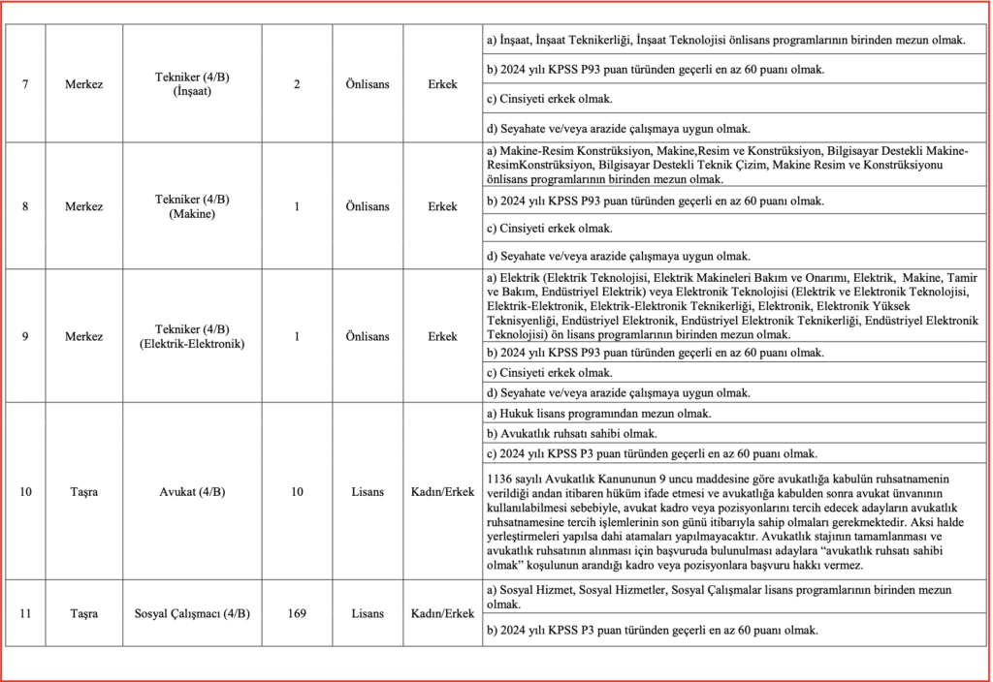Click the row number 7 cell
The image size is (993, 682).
[25, 84]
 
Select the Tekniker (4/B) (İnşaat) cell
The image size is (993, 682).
[192, 84]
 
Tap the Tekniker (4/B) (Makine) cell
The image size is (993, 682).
[192, 206]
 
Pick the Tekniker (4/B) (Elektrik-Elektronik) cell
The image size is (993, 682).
[192, 336]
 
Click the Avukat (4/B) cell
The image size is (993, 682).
[192, 492]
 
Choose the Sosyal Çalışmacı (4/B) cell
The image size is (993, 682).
[192, 613]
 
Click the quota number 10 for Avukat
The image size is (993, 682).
[297, 492]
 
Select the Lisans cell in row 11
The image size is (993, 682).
[368, 613]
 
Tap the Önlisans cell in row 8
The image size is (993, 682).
[368, 206]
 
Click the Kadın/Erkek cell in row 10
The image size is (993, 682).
[442, 492]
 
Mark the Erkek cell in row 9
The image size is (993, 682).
[442, 336]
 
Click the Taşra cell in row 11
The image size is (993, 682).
[84, 613]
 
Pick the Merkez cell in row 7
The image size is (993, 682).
[84, 84]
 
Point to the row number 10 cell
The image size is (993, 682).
[25, 492]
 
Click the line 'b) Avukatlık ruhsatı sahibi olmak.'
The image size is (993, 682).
[572, 433]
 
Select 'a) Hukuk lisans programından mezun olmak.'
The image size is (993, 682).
[598, 414]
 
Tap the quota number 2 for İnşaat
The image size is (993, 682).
[297, 84]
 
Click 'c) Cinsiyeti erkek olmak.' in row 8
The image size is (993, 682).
[549, 229]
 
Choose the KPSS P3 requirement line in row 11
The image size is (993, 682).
[652, 631]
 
